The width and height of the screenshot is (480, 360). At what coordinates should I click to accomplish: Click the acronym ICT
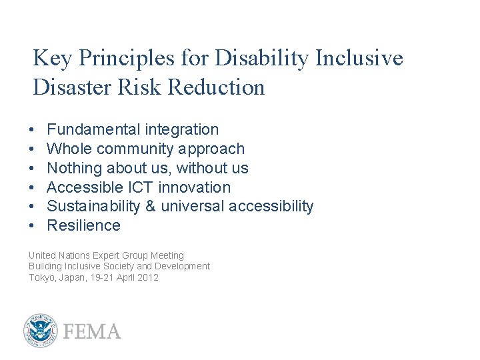[x=140, y=187]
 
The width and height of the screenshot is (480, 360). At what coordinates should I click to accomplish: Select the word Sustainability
[x=93, y=207]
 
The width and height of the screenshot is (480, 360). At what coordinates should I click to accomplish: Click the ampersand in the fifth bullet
[x=149, y=207]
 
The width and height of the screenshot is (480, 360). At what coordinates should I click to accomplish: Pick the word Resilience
[x=83, y=225]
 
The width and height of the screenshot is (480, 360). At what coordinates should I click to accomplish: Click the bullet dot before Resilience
[x=32, y=226]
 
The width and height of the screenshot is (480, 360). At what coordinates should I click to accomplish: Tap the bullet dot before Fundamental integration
[x=32, y=130]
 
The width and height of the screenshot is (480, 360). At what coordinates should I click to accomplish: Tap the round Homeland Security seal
[x=41, y=331]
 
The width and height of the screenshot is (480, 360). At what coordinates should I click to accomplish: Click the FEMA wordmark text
[x=92, y=331]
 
